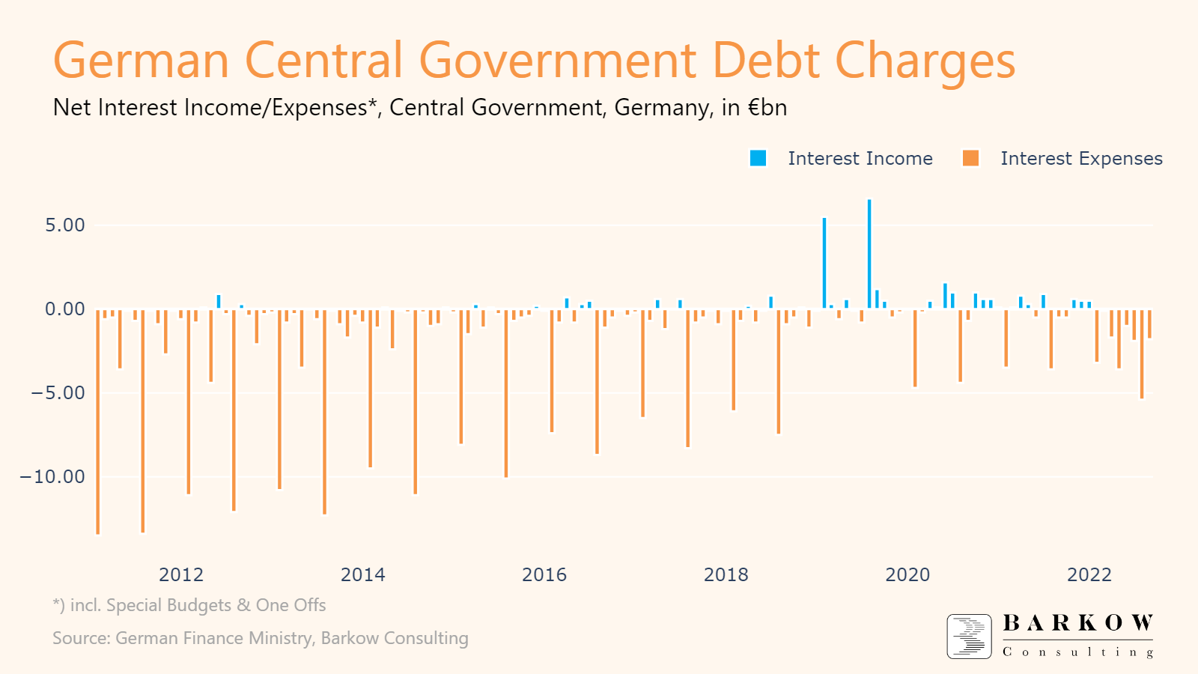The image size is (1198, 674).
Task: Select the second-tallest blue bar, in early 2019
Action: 824,262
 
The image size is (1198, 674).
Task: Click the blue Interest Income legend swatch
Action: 758,158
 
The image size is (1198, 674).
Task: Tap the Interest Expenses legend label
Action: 1080,159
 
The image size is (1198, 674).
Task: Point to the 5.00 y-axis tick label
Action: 65,225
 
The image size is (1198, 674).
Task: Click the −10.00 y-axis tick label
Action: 53,477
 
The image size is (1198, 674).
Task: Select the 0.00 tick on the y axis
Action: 65,309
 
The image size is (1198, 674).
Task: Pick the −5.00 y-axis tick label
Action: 58,393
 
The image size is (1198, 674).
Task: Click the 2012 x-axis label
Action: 181,575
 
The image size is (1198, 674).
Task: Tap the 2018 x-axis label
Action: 726,575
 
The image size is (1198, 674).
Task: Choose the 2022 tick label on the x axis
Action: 1089,575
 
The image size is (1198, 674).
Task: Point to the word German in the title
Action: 141,60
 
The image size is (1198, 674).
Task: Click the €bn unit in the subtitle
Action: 767,108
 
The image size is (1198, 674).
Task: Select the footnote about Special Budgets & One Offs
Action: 189,605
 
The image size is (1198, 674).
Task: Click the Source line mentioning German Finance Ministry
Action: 260,638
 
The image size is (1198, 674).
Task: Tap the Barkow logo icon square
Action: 970,637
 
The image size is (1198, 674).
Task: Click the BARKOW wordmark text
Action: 1077,623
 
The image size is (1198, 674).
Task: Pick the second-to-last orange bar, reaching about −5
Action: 1142,353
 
